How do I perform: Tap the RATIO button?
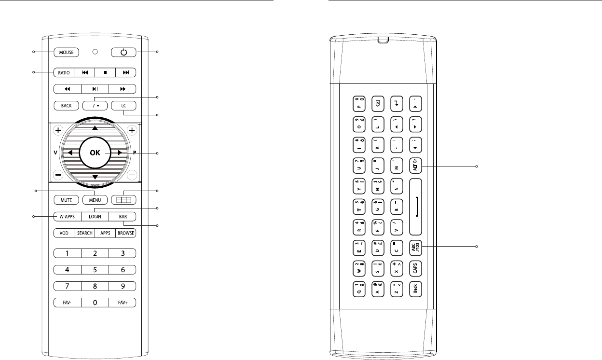(x=64, y=73)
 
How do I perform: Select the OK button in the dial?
(x=95, y=153)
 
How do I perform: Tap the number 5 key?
(x=95, y=269)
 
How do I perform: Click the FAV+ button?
(x=123, y=303)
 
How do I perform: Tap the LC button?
(x=123, y=105)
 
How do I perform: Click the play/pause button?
(x=95, y=89)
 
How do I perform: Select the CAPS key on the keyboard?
(x=416, y=268)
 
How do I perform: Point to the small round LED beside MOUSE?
(x=95, y=52)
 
